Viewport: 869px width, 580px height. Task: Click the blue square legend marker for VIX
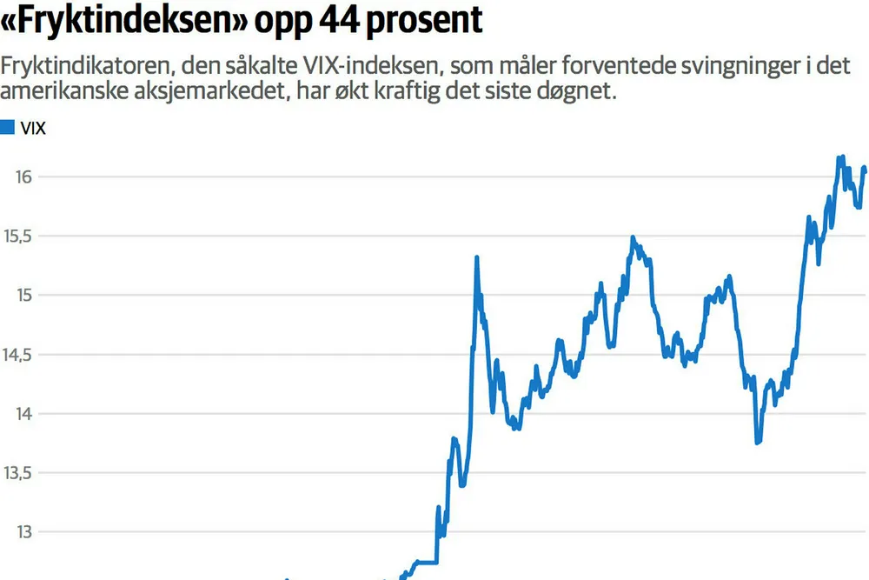[7, 128]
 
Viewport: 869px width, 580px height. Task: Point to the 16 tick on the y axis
[23, 177]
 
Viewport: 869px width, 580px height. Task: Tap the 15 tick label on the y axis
[23, 295]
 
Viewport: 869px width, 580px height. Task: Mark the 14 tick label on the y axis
[23, 413]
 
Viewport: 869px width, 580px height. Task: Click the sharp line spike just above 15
[477, 258]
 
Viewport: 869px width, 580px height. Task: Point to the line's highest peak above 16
[840, 157]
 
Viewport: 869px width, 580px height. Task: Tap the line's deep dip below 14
[758, 442]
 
